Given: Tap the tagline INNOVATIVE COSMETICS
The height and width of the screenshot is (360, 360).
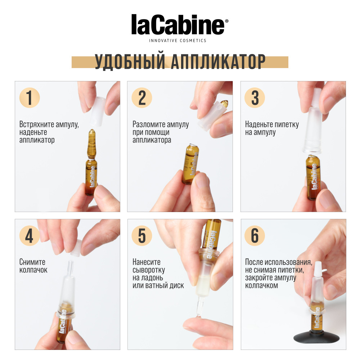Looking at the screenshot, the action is tap(178, 41).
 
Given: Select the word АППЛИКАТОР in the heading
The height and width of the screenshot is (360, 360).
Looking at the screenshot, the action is tap(218, 62).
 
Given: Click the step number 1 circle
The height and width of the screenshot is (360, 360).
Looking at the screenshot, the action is tap(30, 98).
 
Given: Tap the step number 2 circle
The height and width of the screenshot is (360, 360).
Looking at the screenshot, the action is tap(142, 98).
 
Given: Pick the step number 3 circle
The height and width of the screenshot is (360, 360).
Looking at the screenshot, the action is tap(255, 98).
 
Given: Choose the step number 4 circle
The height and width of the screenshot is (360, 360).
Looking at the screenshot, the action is tap(30, 236).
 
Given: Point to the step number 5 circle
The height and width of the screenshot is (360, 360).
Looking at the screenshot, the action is tap(142, 236).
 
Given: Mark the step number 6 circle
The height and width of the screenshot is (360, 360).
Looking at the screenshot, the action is tap(255, 236).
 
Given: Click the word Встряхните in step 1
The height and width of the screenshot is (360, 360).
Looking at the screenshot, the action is tap(37, 125).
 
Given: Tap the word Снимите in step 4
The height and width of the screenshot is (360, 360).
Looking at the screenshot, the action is tap(32, 262).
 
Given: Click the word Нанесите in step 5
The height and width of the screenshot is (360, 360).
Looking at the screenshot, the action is tap(147, 262).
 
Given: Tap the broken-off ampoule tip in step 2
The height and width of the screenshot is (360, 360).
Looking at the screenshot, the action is tap(224, 104).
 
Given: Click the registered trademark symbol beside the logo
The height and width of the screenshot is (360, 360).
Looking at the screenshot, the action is tap(226, 21).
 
